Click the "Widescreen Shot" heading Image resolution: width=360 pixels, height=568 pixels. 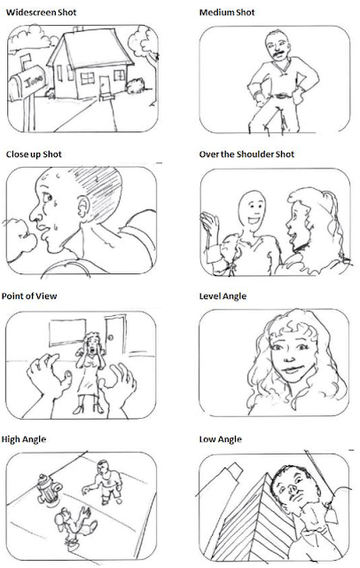pyautogui.click(x=42, y=12)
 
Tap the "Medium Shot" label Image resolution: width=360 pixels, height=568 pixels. pyautogui.click(x=227, y=12)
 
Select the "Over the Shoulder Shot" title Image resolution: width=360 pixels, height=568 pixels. pyautogui.click(x=247, y=154)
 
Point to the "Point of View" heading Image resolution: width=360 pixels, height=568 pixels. pyautogui.click(x=29, y=296)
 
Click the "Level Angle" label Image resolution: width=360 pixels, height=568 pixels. pyautogui.click(x=223, y=296)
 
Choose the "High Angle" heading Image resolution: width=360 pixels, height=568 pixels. pyautogui.click(x=24, y=439)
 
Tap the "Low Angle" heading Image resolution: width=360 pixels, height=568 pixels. pyautogui.click(x=220, y=439)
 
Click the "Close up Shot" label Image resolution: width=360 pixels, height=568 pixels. pyautogui.click(x=34, y=154)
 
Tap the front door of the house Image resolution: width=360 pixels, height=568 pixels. pyautogui.click(x=105, y=85)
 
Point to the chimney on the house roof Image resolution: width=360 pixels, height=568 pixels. pyautogui.click(x=77, y=29)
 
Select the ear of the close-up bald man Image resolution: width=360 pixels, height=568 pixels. pyautogui.click(x=83, y=207)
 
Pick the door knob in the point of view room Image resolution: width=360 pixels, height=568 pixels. pyautogui.click(x=111, y=337)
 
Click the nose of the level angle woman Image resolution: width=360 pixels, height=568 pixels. pyautogui.click(x=289, y=357)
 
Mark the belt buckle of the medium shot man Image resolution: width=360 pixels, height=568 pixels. pyautogui.click(x=279, y=96)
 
